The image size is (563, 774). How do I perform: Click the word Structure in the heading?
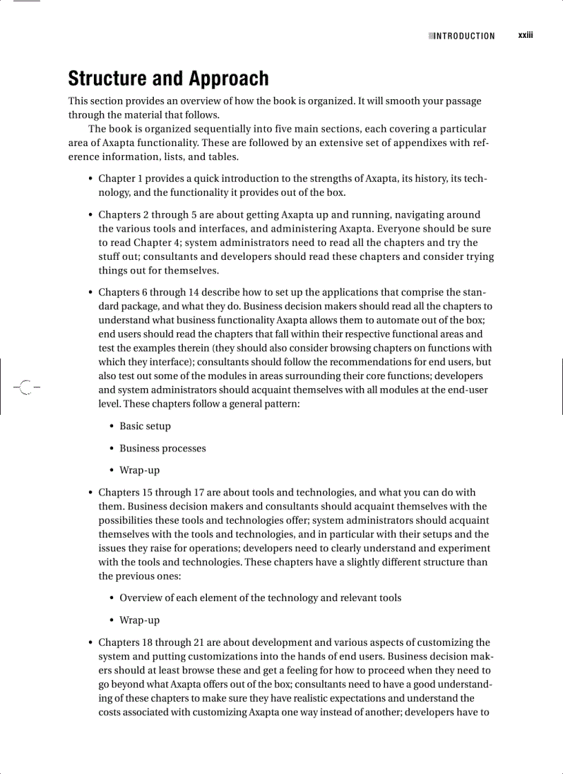pyautogui.click(x=107, y=79)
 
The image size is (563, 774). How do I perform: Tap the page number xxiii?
pyautogui.click(x=526, y=35)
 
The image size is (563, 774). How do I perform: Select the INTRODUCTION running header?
pyautogui.click(x=464, y=36)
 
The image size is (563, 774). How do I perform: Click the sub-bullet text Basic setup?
pyautogui.click(x=145, y=427)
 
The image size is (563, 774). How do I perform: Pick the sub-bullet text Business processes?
pyautogui.click(x=162, y=449)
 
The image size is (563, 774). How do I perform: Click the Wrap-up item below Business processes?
pyautogui.click(x=139, y=471)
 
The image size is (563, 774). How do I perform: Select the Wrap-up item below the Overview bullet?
pyautogui.click(x=139, y=620)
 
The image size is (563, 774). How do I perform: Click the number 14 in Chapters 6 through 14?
pyautogui.click(x=194, y=292)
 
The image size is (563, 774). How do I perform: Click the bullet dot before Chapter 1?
pyautogui.click(x=91, y=179)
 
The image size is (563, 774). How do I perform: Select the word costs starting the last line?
pyautogui.click(x=111, y=712)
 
